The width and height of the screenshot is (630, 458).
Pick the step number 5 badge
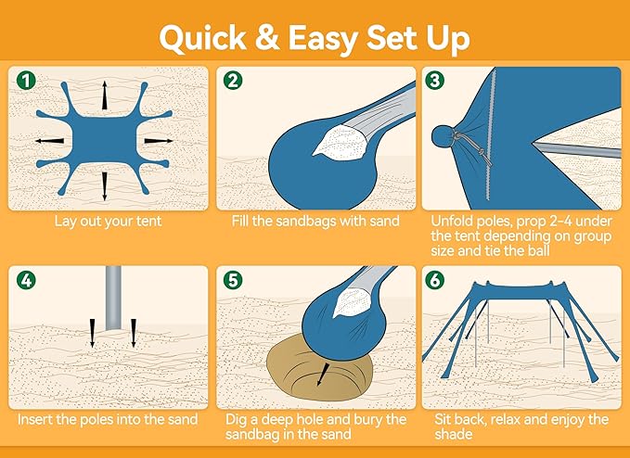[232, 280]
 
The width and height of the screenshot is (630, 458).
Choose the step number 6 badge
[434, 280]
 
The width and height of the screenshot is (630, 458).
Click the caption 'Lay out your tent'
[107, 221]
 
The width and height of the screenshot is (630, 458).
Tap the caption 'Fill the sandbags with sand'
[314, 221]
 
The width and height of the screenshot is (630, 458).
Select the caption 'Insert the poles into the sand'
[107, 420]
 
